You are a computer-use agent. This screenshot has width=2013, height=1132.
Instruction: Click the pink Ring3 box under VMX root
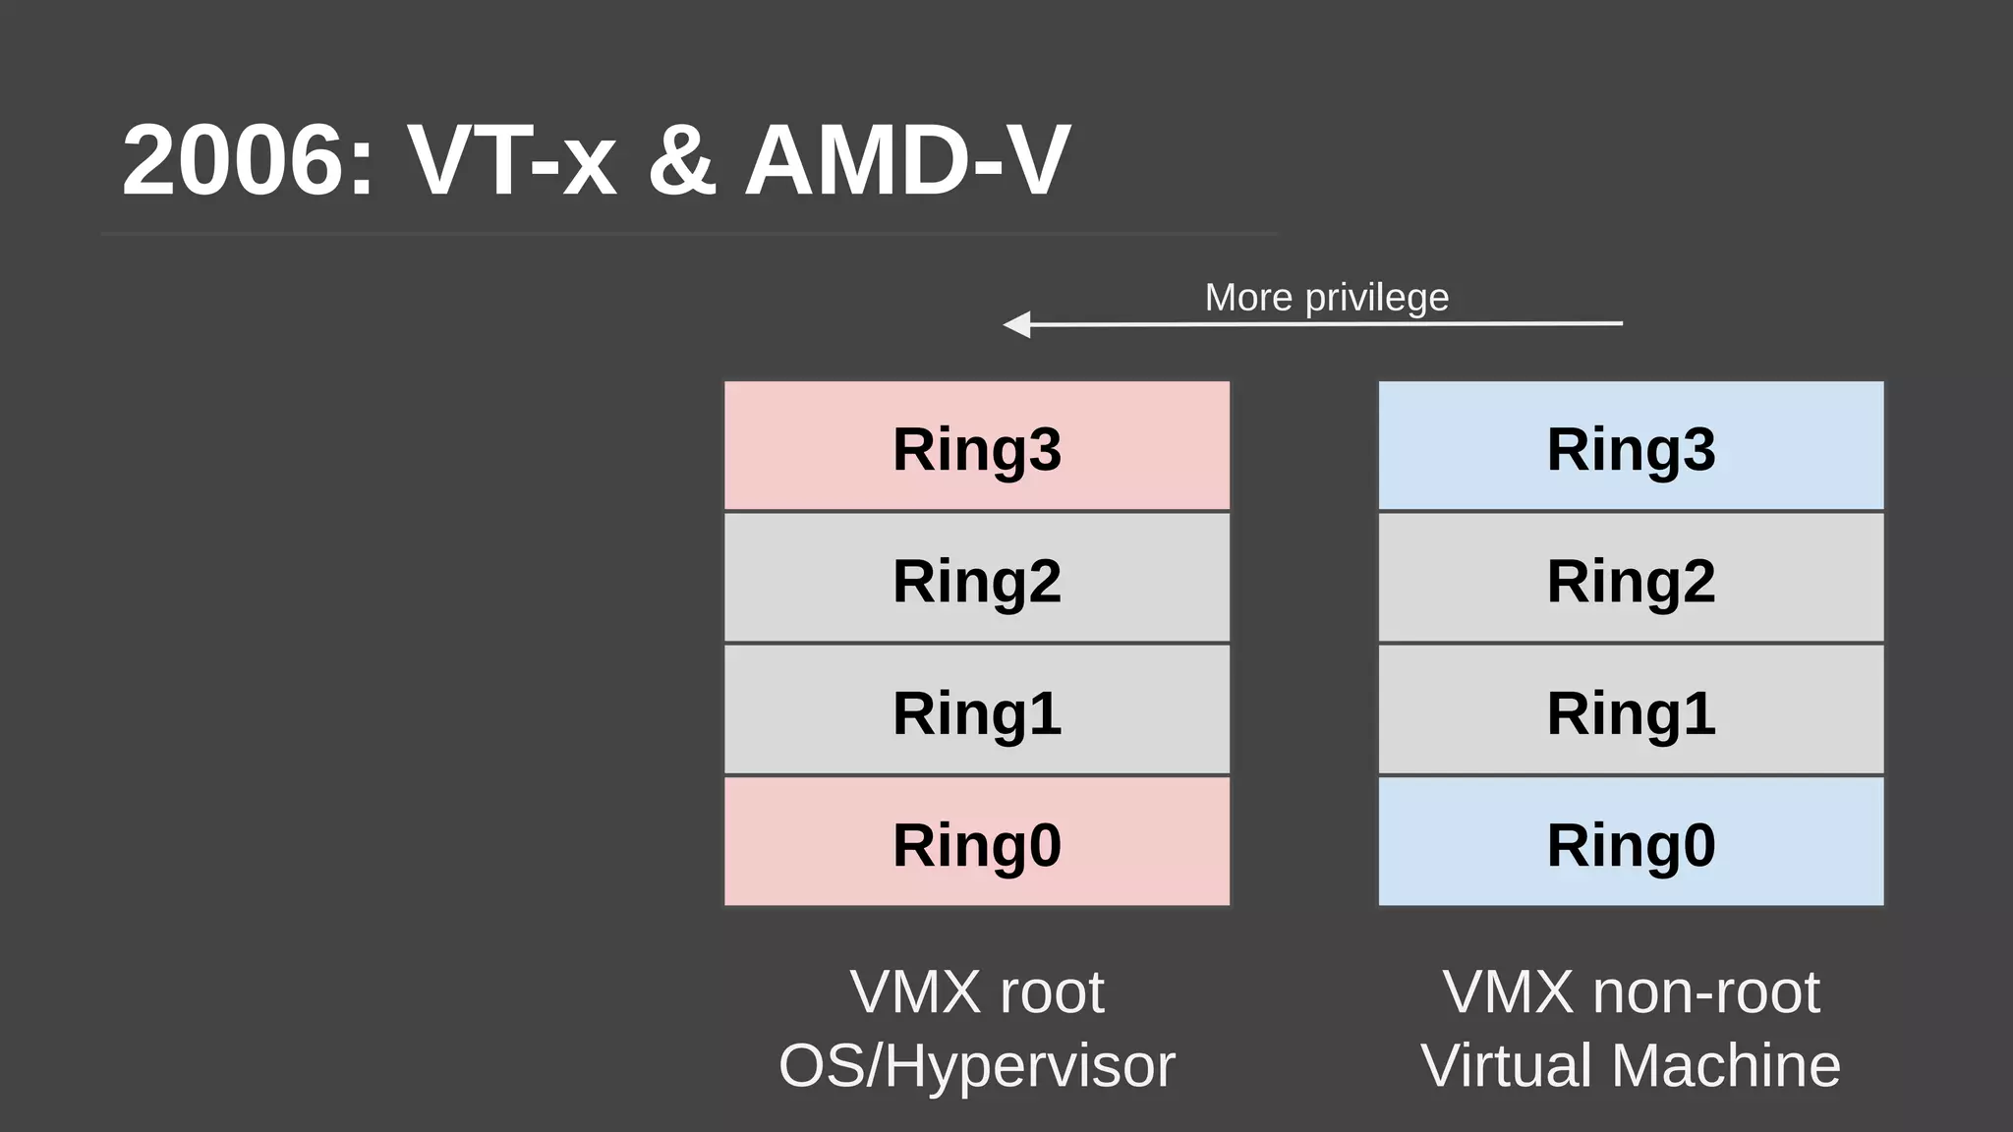pos(977,446)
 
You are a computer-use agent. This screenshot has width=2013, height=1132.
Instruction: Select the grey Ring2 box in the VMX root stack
pos(977,578)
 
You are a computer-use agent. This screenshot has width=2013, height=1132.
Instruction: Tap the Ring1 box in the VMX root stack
pos(977,709)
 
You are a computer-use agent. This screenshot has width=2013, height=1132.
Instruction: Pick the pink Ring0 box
pos(977,842)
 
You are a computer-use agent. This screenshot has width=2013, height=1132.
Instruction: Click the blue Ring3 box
pos(1631,446)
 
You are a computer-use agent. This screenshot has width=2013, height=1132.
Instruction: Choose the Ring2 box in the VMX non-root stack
pos(1631,578)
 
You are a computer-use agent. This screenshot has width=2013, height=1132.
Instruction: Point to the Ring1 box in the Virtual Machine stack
pos(1631,709)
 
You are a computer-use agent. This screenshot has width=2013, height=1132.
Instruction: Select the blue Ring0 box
pos(1631,842)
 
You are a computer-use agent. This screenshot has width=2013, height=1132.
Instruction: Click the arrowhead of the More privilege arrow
pos(1017,323)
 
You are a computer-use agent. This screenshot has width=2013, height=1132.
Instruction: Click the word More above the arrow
pos(1248,298)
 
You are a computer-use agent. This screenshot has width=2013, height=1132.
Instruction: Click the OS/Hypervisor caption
pos(977,1066)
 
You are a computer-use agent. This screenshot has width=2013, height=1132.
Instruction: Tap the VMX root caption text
pos(977,992)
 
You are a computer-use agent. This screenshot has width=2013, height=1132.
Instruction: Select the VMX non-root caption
pos(1631,992)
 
